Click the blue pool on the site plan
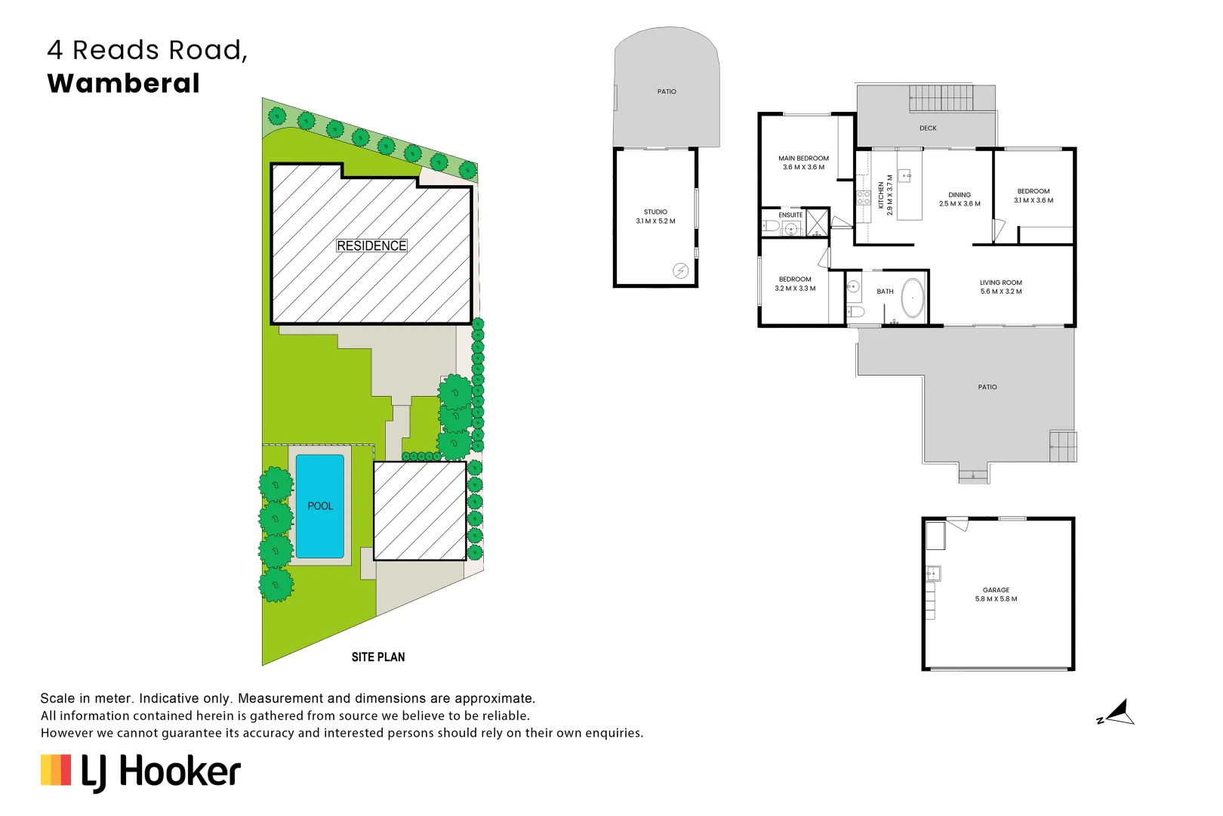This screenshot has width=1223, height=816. click(x=320, y=506)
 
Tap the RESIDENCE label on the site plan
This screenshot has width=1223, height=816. click(x=371, y=246)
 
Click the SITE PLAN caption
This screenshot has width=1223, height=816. click(x=377, y=657)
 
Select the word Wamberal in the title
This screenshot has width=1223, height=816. click(x=124, y=83)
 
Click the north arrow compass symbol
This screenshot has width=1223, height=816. click(x=1117, y=713)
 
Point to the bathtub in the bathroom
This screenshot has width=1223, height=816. click(x=913, y=298)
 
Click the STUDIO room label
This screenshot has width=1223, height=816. click(x=655, y=217)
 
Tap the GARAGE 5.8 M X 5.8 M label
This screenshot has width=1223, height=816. click(x=996, y=595)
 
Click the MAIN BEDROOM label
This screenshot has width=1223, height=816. click(x=803, y=163)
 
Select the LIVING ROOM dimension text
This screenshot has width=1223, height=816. click(x=1001, y=292)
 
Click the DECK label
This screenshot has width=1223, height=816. click(x=928, y=128)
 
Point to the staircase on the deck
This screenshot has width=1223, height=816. click(x=941, y=98)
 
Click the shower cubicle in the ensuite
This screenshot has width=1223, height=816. click(x=817, y=224)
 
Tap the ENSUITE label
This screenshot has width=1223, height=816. click(x=790, y=215)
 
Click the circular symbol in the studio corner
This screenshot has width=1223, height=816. click(x=680, y=270)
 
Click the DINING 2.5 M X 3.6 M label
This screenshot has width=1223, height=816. click(x=960, y=199)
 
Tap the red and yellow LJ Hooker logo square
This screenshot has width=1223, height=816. click(x=56, y=770)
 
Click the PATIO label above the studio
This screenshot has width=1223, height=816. click(x=667, y=92)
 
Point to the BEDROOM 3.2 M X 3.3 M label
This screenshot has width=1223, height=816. click(x=795, y=284)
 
